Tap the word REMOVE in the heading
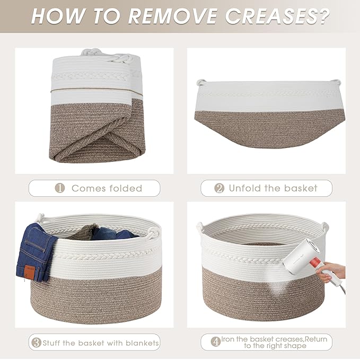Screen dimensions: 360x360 172,16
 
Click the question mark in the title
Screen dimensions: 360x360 324,16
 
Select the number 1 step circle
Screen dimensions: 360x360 60,188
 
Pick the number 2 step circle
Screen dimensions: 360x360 219,188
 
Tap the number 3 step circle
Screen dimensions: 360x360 36,343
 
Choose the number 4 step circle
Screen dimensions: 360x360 216,342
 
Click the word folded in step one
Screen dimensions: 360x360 126,188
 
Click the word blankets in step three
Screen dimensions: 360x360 142,343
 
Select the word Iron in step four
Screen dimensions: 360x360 227,339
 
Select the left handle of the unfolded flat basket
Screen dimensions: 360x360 201,82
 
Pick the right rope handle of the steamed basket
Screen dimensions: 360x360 325,229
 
